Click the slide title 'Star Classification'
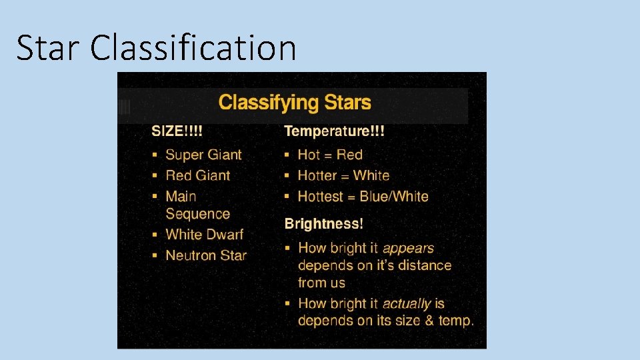156,48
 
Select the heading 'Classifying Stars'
295,103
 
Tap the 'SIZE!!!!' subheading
177,131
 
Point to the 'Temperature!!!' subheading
334,131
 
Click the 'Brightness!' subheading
323,223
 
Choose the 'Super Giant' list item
203,155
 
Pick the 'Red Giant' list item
197,175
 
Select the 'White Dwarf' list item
204,234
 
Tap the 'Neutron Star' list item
206,255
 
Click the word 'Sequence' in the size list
197,214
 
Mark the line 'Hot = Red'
330,155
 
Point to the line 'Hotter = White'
343,175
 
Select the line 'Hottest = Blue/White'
363,196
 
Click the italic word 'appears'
408,248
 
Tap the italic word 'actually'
407,303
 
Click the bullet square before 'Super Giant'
155,155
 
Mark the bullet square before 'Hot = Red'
287,155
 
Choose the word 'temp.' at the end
456,321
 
